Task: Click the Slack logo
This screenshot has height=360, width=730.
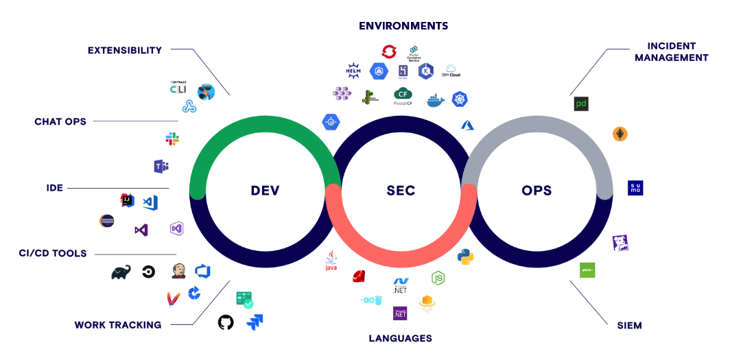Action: pos(172,139)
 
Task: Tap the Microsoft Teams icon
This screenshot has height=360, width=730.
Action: pos(161,166)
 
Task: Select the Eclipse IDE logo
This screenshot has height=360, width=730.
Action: pos(106,221)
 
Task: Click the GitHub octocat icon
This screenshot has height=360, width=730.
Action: pos(225,322)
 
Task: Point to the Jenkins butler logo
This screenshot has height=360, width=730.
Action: pos(178,271)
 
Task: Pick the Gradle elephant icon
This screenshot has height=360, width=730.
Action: pos(121,272)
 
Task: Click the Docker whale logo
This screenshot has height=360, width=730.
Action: pos(436,101)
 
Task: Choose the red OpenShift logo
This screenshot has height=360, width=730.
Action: pos(389,51)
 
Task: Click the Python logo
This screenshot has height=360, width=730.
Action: pos(466,256)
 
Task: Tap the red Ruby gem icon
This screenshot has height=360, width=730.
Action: pos(358,276)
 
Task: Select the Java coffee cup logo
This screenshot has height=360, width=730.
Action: pos(331,261)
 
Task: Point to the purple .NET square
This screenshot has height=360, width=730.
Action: pos(400,313)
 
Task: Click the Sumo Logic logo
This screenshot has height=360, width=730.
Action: pos(635,188)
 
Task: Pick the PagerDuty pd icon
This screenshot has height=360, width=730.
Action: pos(581,104)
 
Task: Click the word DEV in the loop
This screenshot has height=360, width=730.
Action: pos(265,191)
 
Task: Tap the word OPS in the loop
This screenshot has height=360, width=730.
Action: pos(537,191)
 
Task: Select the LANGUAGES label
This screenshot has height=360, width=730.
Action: pos(400,338)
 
